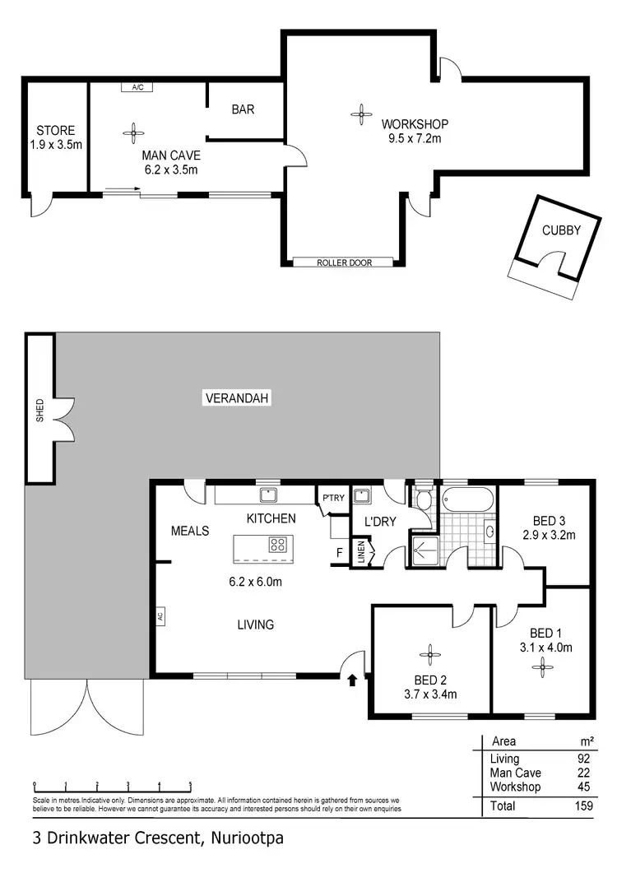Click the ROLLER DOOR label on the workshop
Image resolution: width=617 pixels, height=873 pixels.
345,262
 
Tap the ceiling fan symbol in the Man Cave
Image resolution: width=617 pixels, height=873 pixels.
132,129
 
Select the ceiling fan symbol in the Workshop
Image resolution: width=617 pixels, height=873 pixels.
359,115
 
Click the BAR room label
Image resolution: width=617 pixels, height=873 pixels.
243,109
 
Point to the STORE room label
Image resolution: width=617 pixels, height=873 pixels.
56,130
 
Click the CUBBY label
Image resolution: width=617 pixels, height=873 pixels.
561,230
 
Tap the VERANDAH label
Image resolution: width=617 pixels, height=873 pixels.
237,398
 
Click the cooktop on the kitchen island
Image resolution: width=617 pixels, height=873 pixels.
278,544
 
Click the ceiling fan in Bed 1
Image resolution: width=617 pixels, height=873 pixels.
542,668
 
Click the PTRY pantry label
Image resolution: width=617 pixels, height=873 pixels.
333,497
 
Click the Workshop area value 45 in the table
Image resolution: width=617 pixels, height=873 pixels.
585,787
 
